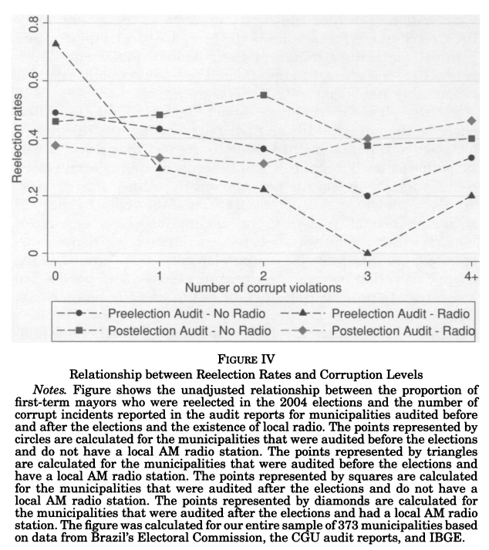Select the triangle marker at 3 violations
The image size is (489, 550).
[367, 253]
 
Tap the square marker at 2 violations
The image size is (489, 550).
[264, 95]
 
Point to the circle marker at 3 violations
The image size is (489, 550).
[367, 196]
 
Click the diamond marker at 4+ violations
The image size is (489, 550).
[471, 121]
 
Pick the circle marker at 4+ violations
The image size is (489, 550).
[471, 158]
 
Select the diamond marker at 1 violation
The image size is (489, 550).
[160, 158]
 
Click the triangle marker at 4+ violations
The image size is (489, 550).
[471, 196]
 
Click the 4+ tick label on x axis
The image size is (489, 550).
[470, 275]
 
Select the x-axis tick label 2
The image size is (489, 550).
[264, 275]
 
